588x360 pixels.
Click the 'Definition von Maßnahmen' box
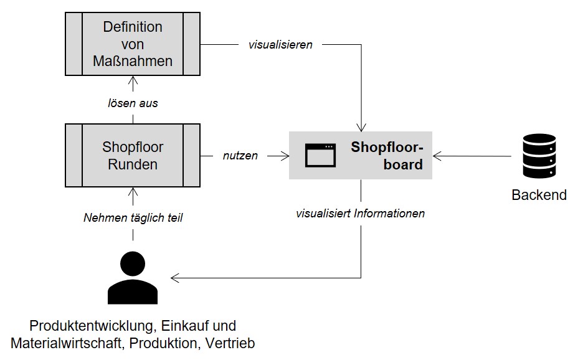pyautogui.click(x=133, y=44)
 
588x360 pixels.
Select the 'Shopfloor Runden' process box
pyautogui.click(x=133, y=156)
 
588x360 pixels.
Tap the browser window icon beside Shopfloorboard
pyautogui.click(x=320, y=155)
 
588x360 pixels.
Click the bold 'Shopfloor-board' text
pyautogui.click(x=387, y=156)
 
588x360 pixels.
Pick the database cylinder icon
pyautogui.click(x=539, y=156)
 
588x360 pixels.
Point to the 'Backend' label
pyautogui.click(x=539, y=195)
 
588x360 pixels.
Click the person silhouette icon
pyautogui.click(x=133, y=278)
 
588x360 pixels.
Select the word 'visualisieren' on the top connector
pyautogui.click(x=280, y=45)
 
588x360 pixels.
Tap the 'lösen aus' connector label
pyautogui.click(x=133, y=103)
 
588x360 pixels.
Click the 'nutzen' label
pyautogui.click(x=240, y=156)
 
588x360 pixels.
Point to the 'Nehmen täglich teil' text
pyautogui.click(x=133, y=218)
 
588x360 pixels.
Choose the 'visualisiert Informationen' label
pyautogui.click(x=361, y=214)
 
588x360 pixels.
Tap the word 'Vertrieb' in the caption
pyautogui.click(x=231, y=343)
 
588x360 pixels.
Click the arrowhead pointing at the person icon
pyautogui.click(x=176, y=278)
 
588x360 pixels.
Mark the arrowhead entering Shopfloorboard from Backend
pyautogui.click(x=437, y=156)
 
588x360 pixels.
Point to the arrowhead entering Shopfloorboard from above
pyautogui.click(x=361, y=127)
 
